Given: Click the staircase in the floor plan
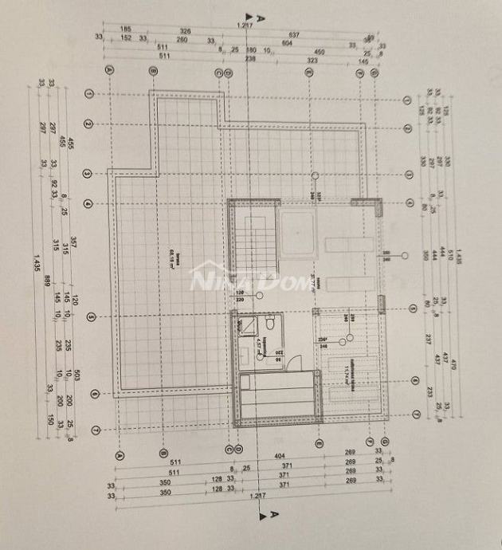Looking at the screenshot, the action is [x=253, y=238].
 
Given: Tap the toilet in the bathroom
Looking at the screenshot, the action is [x=271, y=325].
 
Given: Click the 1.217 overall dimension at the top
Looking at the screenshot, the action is [x=245, y=27].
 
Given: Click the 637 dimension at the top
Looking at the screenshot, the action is [x=294, y=35].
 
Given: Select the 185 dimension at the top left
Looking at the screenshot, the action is [x=126, y=29].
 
